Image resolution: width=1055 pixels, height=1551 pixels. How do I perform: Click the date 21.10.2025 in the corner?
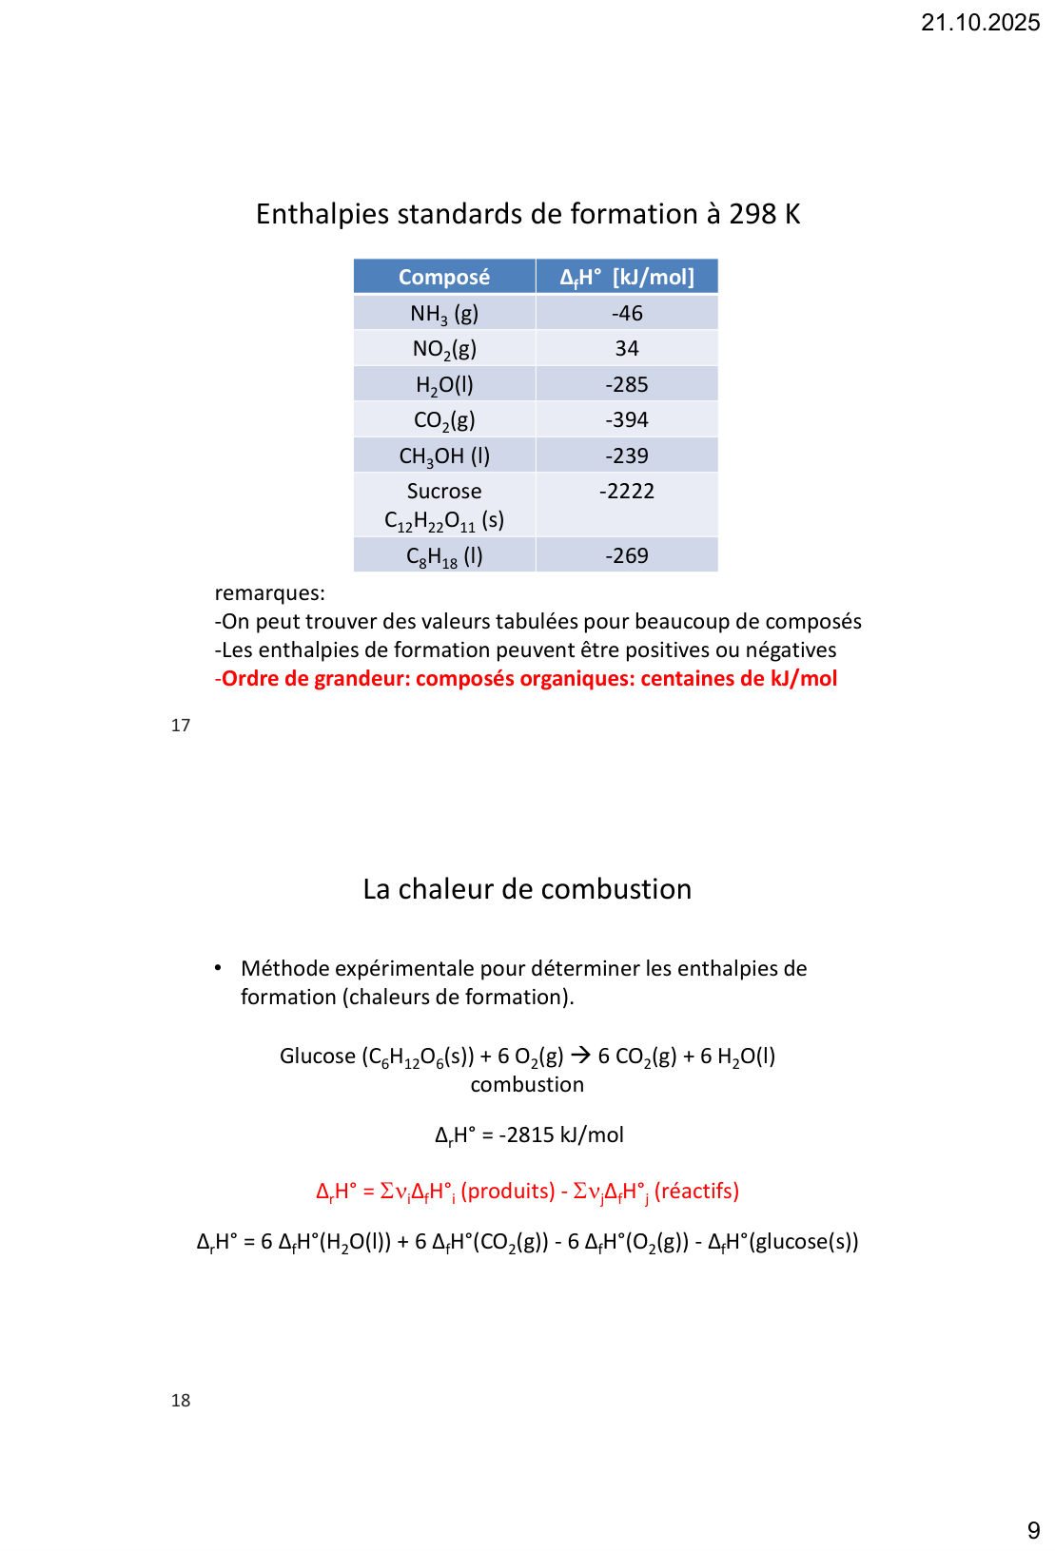pos(980,23)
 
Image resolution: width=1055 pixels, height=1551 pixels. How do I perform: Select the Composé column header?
pos(444,277)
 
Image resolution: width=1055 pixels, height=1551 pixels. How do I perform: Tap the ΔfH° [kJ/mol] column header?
pos(627,277)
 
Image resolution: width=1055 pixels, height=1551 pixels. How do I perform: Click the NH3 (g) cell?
pos(444,314)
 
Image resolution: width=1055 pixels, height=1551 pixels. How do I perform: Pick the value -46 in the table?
pos(627,313)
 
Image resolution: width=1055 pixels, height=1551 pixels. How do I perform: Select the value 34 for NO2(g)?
pos(627,348)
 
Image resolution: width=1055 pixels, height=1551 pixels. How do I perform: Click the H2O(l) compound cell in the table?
pos(444,385)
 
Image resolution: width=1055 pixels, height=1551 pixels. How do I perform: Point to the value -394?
pos(627,419)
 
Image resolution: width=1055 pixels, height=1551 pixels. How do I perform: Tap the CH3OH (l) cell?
pos(444,456)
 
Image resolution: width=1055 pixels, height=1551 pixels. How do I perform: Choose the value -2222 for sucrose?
pos(627,491)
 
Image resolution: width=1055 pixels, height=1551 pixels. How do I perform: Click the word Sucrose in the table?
pos(444,491)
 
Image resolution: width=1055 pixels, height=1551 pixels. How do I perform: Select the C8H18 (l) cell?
pos(444,556)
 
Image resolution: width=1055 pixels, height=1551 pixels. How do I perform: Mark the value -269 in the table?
pos(627,555)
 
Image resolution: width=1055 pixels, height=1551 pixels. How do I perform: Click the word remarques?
pos(269,593)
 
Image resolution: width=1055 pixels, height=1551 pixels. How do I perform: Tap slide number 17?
pos(181,726)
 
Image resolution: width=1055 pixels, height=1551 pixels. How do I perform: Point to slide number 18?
pos(181,1401)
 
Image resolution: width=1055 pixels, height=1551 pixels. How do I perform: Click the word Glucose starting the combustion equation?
pos(318,1057)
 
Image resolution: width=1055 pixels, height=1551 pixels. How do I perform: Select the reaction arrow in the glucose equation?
pos(580,1056)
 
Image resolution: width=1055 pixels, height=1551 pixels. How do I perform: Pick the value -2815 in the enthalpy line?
pos(526,1134)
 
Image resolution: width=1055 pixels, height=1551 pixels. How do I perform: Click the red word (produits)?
pos(508,1192)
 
